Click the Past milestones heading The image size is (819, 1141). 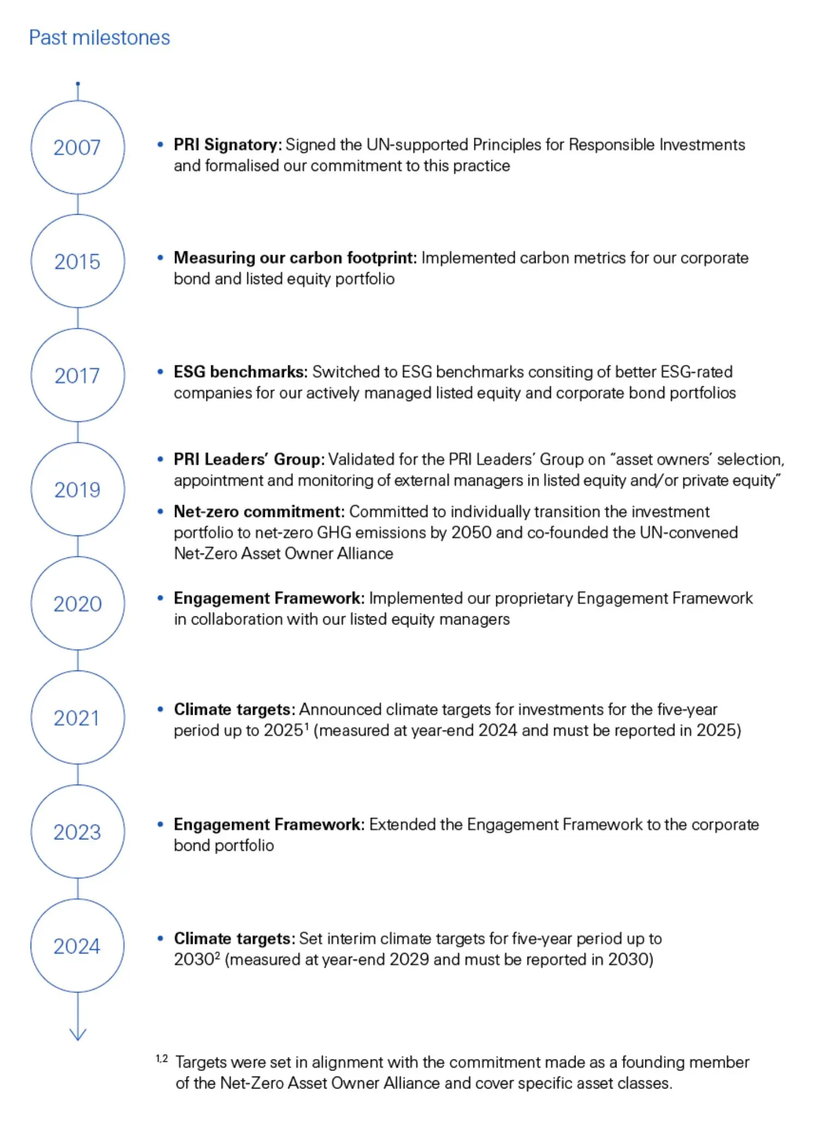tap(99, 38)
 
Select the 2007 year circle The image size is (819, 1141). tap(78, 148)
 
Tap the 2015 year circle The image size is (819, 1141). tap(78, 261)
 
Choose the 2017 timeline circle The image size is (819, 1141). tap(78, 375)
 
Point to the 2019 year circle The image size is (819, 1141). tap(78, 489)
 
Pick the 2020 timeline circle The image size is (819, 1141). tap(78, 603)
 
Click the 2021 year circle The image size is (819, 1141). tap(78, 717)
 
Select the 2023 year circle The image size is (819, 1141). tap(78, 832)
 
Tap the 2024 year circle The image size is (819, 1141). tap(78, 946)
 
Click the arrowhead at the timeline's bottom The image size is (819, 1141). tap(78, 1034)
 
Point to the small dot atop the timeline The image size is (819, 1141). tap(78, 84)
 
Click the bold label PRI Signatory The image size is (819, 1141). tap(227, 145)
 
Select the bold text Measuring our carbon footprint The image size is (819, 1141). tap(295, 257)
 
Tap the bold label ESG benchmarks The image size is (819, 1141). tap(241, 372)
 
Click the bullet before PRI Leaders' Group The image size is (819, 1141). tap(160, 460)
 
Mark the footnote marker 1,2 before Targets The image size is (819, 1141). tap(162, 1058)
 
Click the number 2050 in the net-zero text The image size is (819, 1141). tap(471, 533)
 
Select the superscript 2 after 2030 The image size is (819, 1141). tap(217, 955)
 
